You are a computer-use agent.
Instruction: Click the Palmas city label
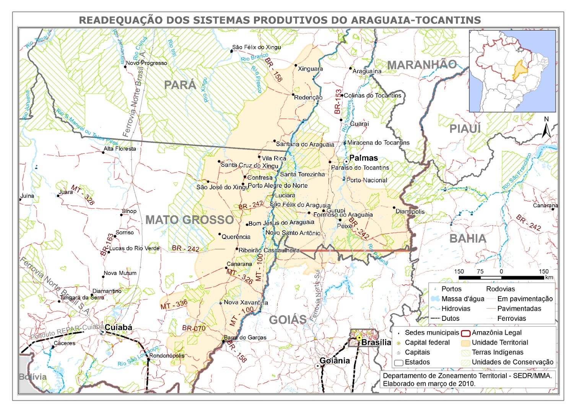363,158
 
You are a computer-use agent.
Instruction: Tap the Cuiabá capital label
118,327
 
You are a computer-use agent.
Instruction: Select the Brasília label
376,342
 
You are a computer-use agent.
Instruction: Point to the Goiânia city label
334,361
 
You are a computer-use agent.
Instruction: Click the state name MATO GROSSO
189,220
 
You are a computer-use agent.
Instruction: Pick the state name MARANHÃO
422,65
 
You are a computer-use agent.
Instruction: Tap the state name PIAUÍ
465,129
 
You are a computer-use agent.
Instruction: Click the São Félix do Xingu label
256,47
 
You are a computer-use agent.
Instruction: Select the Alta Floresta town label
120,149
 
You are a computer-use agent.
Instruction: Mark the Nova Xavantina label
246,302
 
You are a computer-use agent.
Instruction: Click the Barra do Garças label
245,337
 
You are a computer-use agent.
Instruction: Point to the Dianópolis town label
410,211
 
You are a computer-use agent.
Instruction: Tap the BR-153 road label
338,102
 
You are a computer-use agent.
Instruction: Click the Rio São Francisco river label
517,172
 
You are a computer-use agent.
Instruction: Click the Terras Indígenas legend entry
497,352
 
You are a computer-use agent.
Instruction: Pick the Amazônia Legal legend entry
496,333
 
